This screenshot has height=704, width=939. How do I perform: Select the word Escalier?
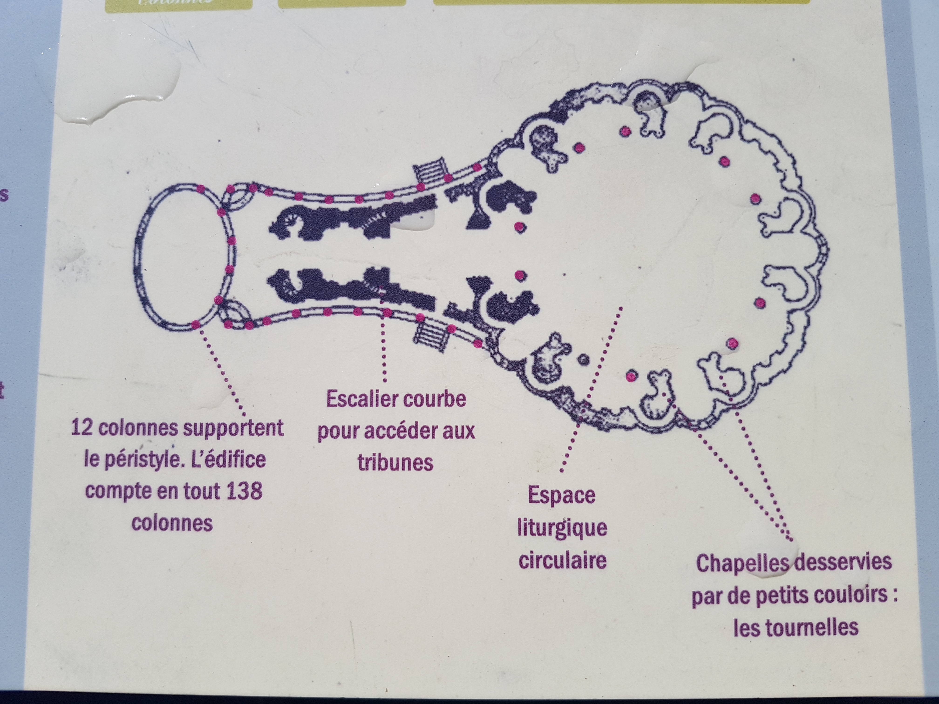[x=357, y=399]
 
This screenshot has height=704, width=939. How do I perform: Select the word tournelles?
[x=796, y=627]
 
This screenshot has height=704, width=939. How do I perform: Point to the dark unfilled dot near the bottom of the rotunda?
[x=584, y=359]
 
